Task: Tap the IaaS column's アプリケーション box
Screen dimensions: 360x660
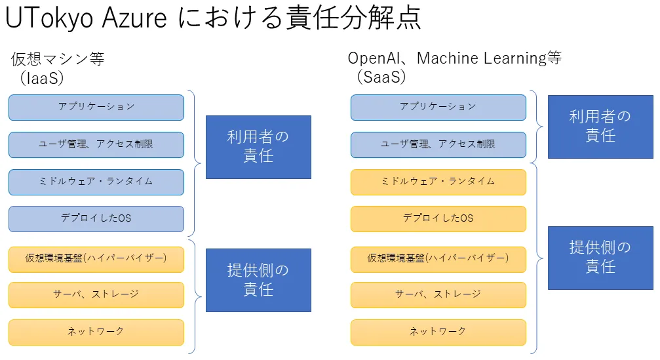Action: click(96, 107)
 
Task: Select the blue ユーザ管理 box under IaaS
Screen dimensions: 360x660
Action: click(96, 144)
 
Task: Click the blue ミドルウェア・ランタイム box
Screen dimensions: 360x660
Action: click(96, 182)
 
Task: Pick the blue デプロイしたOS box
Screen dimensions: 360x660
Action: click(96, 218)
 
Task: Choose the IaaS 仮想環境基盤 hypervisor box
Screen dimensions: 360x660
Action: click(96, 258)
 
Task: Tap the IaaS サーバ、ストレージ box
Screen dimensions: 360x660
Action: click(96, 295)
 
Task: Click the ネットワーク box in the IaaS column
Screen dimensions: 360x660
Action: click(96, 332)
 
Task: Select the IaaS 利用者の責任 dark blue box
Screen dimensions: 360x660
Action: click(258, 147)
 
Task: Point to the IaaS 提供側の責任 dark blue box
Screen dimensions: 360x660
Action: click(258, 280)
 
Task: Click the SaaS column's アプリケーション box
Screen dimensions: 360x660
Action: click(438, 107)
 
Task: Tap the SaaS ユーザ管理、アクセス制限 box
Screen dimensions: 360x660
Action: click(438, 144)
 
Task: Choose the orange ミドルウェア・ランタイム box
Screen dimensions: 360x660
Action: click(438, 182)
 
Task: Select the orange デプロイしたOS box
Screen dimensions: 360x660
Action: click(438, 218)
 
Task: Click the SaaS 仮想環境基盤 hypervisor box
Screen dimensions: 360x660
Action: click(438, 258)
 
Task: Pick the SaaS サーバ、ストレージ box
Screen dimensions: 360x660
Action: click(438, 295)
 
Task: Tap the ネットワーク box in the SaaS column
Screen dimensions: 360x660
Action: click(438, 332)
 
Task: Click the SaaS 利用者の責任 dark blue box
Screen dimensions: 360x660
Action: click(600, 127)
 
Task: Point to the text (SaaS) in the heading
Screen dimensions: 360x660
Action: click(382, 77)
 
